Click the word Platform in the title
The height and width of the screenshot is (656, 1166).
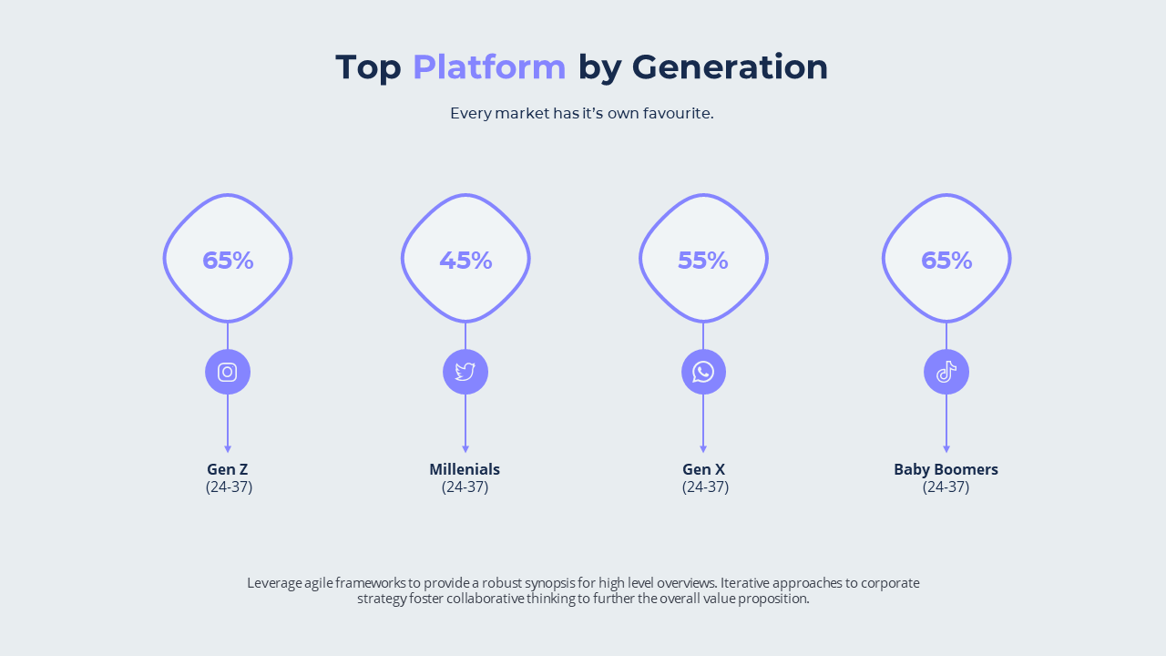click(489, 67)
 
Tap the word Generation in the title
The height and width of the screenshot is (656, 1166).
click(730, 67)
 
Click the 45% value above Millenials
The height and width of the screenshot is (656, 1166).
click(465, 261)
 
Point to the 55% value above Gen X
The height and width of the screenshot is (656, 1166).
click(703, 261)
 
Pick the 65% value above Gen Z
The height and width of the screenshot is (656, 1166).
click(228, 261)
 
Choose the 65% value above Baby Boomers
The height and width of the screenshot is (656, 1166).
click(946, 261)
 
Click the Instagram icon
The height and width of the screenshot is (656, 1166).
click(228, 372)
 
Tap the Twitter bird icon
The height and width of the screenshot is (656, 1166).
click(465, 372)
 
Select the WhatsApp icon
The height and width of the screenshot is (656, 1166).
click(703, 372)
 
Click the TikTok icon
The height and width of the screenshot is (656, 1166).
click(946, 372)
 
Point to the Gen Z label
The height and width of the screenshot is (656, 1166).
click(228, 469)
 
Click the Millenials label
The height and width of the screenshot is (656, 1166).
click(465, 469)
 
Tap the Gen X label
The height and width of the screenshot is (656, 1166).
click(703, 469)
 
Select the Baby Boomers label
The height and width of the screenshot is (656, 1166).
click(946, 469)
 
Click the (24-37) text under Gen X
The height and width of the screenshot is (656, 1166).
click(705, 487)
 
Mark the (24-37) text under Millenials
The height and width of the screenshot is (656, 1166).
click(465, 487)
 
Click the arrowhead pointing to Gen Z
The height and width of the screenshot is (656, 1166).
click(228, 449)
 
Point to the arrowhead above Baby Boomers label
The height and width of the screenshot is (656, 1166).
click(946, 449)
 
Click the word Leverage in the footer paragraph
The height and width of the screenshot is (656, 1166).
click(273, 583)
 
